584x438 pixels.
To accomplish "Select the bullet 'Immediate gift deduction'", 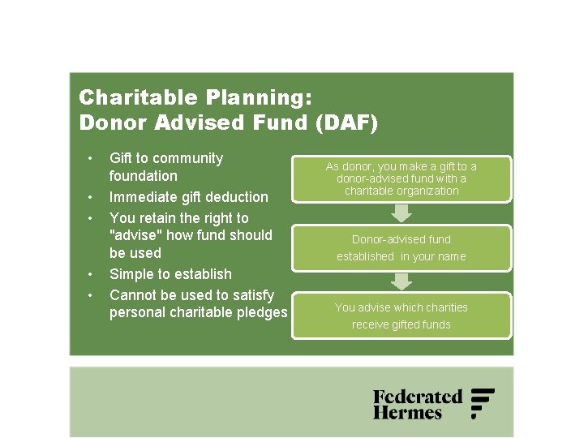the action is click(x=188, y=197).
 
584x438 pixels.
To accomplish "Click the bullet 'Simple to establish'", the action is click(x=170, y=274).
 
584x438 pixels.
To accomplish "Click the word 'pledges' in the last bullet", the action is click(x=261, y=313).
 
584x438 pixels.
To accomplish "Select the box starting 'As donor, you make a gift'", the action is click(x=401, y=178).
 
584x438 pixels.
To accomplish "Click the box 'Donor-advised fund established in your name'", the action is click(x=401, y=247).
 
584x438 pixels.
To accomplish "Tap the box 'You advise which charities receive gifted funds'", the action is click(x=401, y=316).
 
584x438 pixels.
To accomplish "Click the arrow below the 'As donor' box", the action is click(x=401, y=213).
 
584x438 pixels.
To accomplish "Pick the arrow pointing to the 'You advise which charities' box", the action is click(x=401, y=281).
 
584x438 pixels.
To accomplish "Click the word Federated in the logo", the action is click(x=417, y=397).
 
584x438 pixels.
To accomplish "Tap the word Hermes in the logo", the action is click(x=407, y=413).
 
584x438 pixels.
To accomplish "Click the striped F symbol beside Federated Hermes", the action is click(x=483, y=403).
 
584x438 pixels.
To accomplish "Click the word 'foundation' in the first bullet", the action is click(x=143, y=176).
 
